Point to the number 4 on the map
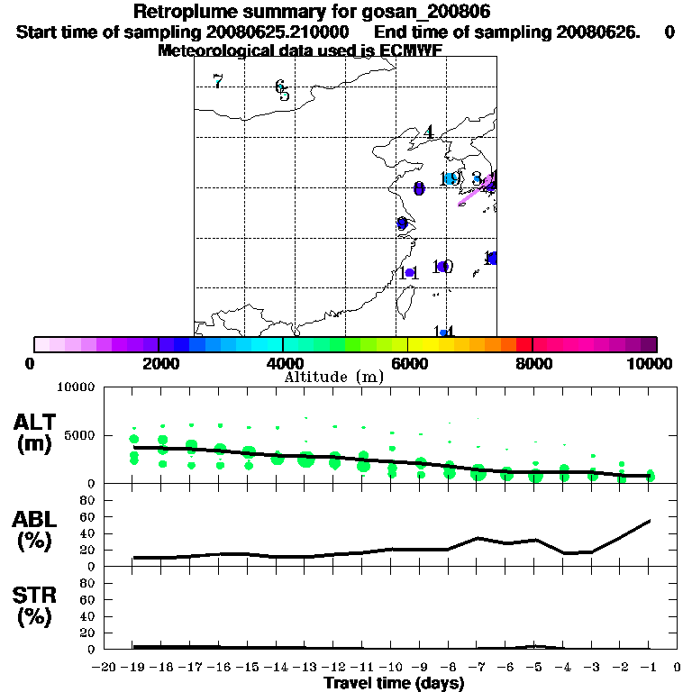[430, 132]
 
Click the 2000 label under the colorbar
[158, 363]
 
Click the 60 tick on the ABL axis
[89, 517]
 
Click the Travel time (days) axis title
[394, 684]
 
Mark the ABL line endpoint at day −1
[650, 520]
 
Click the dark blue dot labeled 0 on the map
[419, 188]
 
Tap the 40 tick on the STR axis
[89, 616]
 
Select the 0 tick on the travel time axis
[678, 668]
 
